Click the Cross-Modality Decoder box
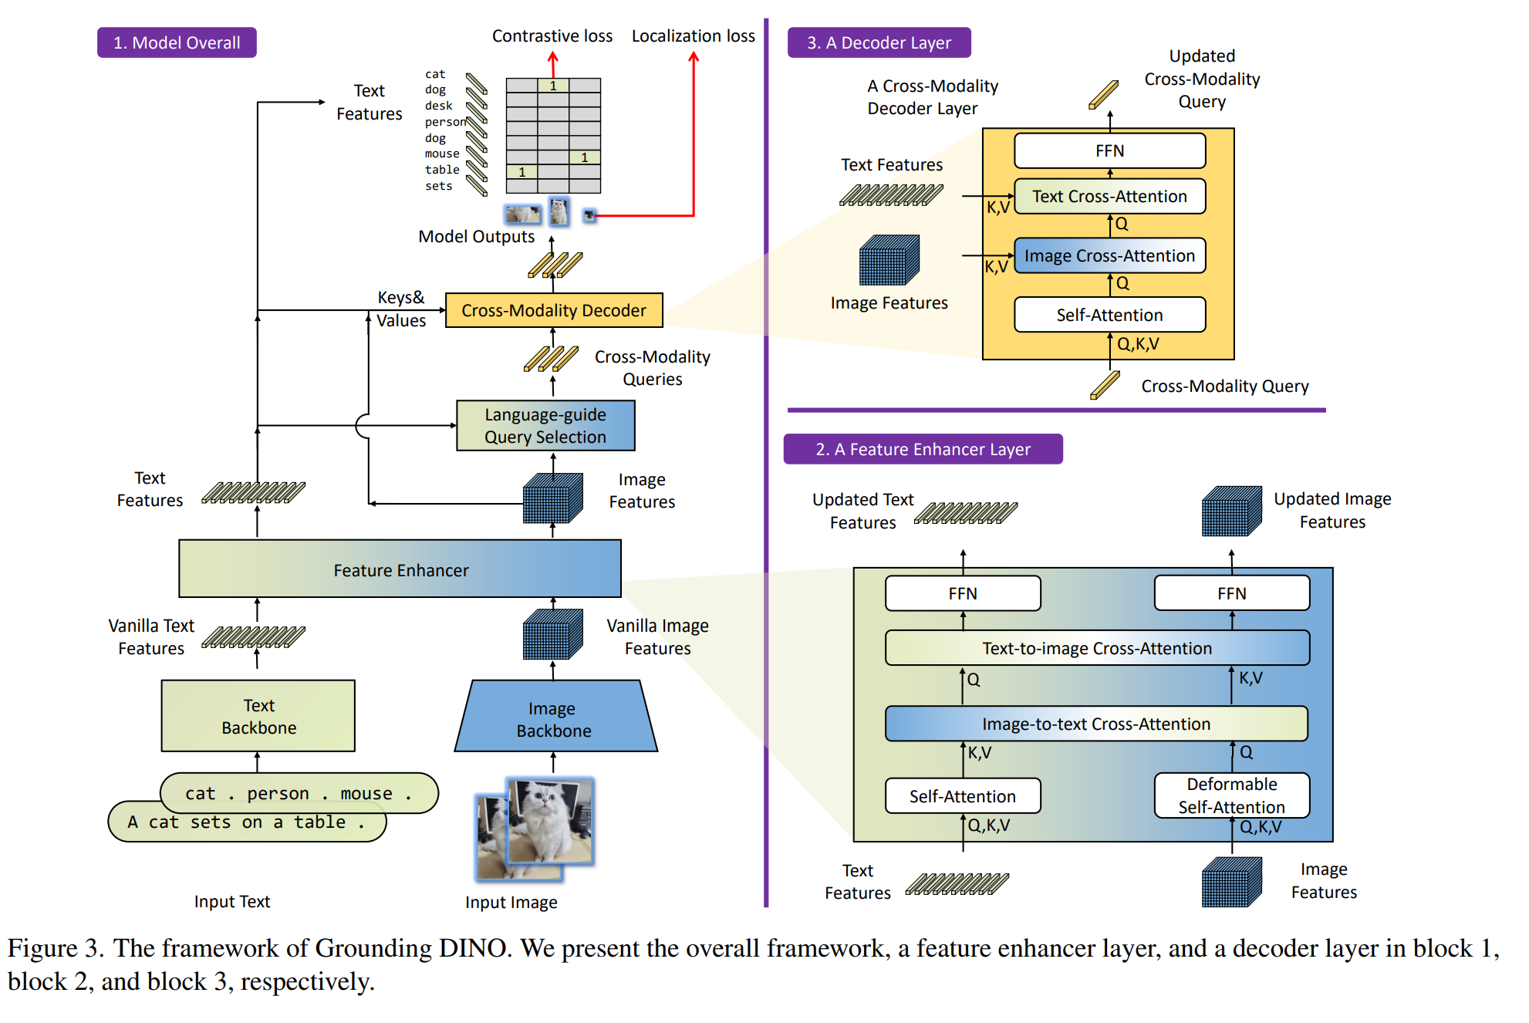pos(554,310)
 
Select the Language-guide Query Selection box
pos(545,426)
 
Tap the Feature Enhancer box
pos(400,569)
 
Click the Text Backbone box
pos(258,716)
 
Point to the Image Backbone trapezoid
pos(554,719)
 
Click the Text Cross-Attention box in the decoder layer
pos(1109,197)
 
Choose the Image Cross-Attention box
pos(1109,256)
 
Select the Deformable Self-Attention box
pos(1231,795)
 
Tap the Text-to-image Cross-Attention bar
pos(1097,648)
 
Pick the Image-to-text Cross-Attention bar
pos(1096,724)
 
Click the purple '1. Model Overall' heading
pos(177,42)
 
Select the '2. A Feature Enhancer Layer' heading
pos(923,449)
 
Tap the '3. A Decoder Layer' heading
pos(879,42)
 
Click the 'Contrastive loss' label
pos(552,36)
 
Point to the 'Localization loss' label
pos(693,36)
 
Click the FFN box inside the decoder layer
pos(1109,151)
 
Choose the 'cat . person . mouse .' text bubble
pos(299,792)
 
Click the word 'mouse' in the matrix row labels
pos(442,154)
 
